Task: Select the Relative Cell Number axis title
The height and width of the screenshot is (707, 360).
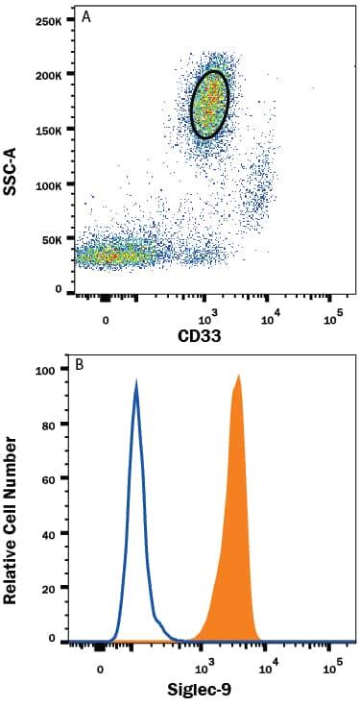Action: coord(14,519)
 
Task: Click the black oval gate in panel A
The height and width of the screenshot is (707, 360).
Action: coord(210,104)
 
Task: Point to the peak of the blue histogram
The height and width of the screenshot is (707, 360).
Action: coord(136,381)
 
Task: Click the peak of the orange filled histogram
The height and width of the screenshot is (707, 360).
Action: coord(237,377)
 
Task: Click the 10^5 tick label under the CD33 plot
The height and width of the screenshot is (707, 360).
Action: coord(333,318)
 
